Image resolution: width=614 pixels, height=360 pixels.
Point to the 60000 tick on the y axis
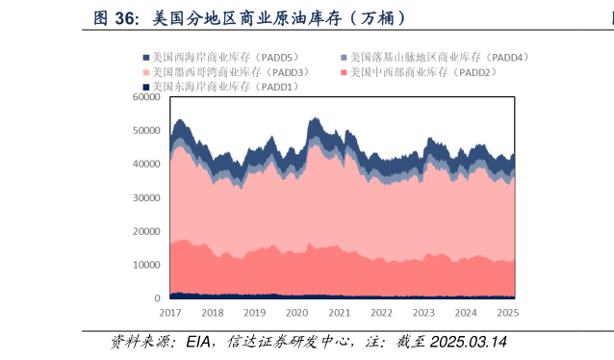(146, 97)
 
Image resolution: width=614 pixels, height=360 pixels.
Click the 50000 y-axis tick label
(146, 131)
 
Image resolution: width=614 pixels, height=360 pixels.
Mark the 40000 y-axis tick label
(146, 165)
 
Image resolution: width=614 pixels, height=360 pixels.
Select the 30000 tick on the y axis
(146, 198)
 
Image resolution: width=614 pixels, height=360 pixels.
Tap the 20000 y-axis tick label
(146, 232)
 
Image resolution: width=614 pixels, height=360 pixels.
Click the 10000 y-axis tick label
(146, 266)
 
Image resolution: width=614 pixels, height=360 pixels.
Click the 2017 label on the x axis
(170, 313)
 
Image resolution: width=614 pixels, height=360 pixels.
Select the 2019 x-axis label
(255, 313)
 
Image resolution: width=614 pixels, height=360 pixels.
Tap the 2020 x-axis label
(297, 313)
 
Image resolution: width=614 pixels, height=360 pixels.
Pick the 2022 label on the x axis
(381, 313)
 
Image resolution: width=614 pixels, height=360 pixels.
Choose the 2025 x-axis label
(507, 313)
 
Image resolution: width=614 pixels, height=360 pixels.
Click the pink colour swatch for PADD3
(146, 72)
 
